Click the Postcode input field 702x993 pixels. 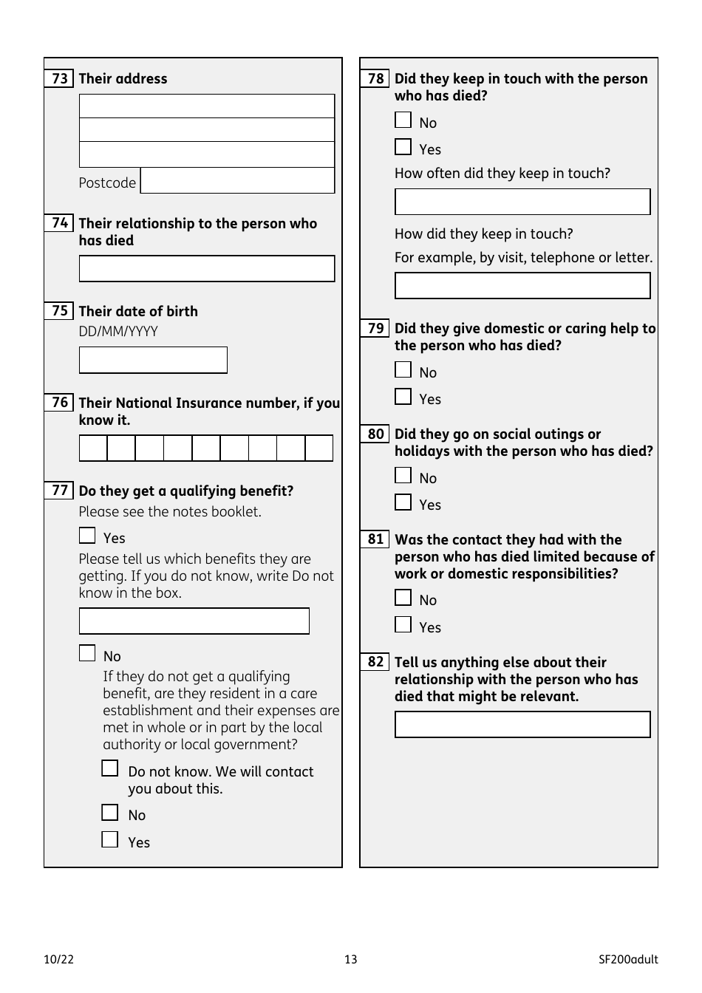tap(237, 181)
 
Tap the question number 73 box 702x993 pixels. tap(59, 78)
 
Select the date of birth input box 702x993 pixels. tap(153, 361)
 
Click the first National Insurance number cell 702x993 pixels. tap(93, 448)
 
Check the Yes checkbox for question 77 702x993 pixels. tap(87, 536)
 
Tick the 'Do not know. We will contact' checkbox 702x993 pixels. tap(110, 769)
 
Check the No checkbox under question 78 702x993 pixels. tap(403, 120)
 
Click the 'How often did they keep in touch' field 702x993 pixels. tap(522, 202)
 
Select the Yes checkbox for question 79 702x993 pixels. tap(403, 397)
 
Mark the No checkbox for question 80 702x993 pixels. tap(403, 476)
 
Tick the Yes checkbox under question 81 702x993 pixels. tap(403, 625)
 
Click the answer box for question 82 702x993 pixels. tap(522, 725)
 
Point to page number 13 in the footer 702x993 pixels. tap(350, 960)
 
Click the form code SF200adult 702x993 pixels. tap(628, 960)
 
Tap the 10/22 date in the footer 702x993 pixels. tap(59, 960)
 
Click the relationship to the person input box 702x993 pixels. tap(207, 269)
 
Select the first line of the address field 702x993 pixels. tap(207, 106)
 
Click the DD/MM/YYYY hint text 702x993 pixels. tap(118, 332)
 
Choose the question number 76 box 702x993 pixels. tap(59, 403)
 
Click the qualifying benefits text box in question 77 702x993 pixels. tap(194, 621)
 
